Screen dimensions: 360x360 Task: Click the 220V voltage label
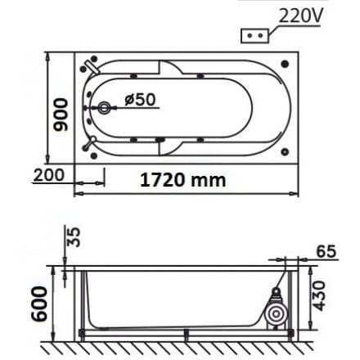point(300,15)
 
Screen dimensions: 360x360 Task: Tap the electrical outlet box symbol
point(252,36)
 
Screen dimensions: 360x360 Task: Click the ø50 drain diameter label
point(140,99)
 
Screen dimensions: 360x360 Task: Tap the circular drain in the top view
point(104,107)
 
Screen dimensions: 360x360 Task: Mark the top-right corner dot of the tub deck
point(284,63)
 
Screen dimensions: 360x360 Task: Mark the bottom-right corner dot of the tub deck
point(284,150)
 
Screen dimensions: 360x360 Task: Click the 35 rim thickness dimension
point(73,238)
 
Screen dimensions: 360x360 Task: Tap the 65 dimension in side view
point(326,251)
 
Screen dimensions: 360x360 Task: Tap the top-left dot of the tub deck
point(86,63)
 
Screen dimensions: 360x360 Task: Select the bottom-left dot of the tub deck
point(86,150)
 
